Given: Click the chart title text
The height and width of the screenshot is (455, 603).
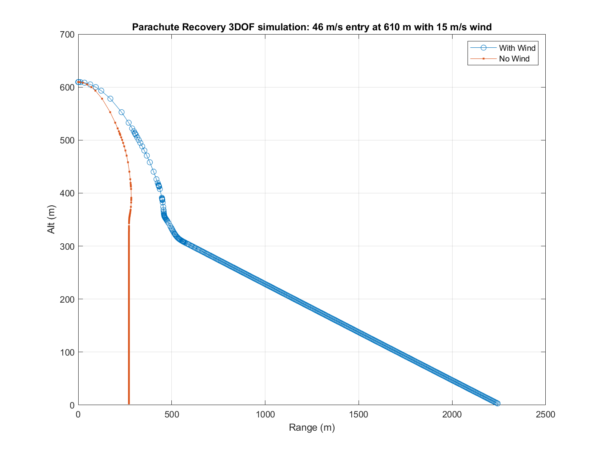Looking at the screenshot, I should tap(312, 27).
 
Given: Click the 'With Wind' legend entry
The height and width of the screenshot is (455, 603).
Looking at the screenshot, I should tap(517, 48).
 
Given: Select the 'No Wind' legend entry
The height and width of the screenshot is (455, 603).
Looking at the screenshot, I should tap(514, 59).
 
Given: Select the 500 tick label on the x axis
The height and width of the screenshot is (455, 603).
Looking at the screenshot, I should tap(171, 414).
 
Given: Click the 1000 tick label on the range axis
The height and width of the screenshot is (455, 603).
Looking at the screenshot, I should tap(265, 414).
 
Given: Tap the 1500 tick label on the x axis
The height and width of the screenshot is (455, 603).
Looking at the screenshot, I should tap(359, 414).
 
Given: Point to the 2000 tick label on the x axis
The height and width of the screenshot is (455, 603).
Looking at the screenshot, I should tap(452, 414).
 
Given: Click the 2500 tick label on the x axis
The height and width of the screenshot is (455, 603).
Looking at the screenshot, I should tap(545, 414).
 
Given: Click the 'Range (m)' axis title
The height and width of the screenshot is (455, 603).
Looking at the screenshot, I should tap(312, 428).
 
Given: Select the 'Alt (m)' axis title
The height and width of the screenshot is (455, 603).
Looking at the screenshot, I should tap(52, 219).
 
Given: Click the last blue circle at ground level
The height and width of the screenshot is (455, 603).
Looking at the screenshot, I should tap(497, 403).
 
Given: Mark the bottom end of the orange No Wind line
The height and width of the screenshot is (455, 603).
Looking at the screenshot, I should tap(129, 404).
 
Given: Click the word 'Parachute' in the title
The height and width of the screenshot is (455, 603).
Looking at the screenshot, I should tap(153, 27).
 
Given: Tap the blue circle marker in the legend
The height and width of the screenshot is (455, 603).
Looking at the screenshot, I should tap(483, 48).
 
